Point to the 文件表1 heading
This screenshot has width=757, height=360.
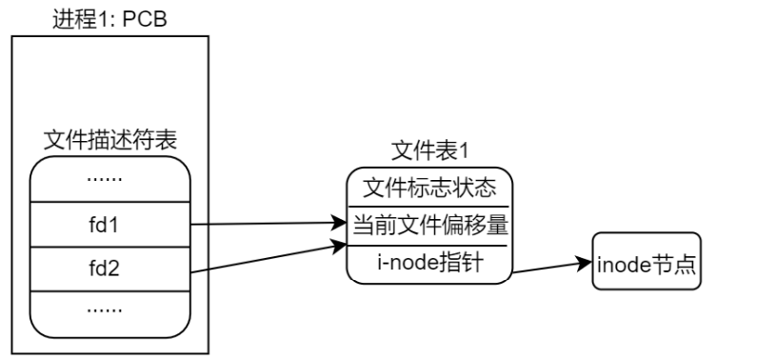click(x=430, y=150)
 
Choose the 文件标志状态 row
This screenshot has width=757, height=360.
click(x=430, y=186)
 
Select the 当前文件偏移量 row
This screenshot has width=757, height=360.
click(x=430, y=226)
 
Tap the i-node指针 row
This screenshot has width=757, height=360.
click(x=430, y=263)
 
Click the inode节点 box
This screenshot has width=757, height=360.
click(x=647, y=261)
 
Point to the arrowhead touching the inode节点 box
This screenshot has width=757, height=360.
click(x=586, y=261)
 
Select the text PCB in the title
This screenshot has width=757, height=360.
click(x=144, y=18)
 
